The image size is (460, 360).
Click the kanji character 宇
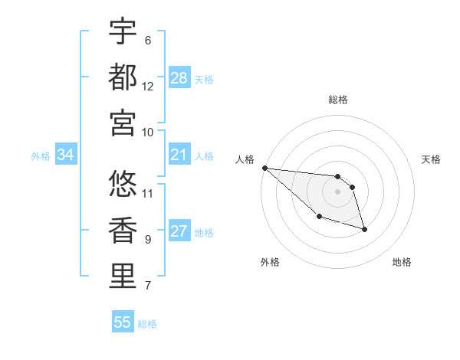click(x=123, y=31)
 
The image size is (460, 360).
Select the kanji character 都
click(x=123, y=77)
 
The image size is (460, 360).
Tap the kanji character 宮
click(x=123, y=122)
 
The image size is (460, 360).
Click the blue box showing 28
click(x=179, y=78)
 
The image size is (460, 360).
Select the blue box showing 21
click(x=179, y=155)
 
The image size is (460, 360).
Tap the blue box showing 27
click(x=179, y=232)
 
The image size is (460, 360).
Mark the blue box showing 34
click(x=65, y=155)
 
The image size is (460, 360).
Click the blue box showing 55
click(x=123, y=322)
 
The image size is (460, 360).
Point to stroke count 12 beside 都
click(x=148, y=87)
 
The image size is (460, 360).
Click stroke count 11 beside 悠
click(x=148, y=192)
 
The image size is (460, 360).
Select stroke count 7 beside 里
click(x=148, y=286)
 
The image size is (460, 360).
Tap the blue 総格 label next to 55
click(x=147, y=324)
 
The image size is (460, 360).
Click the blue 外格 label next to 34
click(x=41, y=156)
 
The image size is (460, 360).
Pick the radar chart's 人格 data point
click(x=264, y=168)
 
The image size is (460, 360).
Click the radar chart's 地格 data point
click(x=364, y=229)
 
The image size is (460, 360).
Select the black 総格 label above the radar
click(x=337, y=100)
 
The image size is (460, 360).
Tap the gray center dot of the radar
click(x=337, y=191)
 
